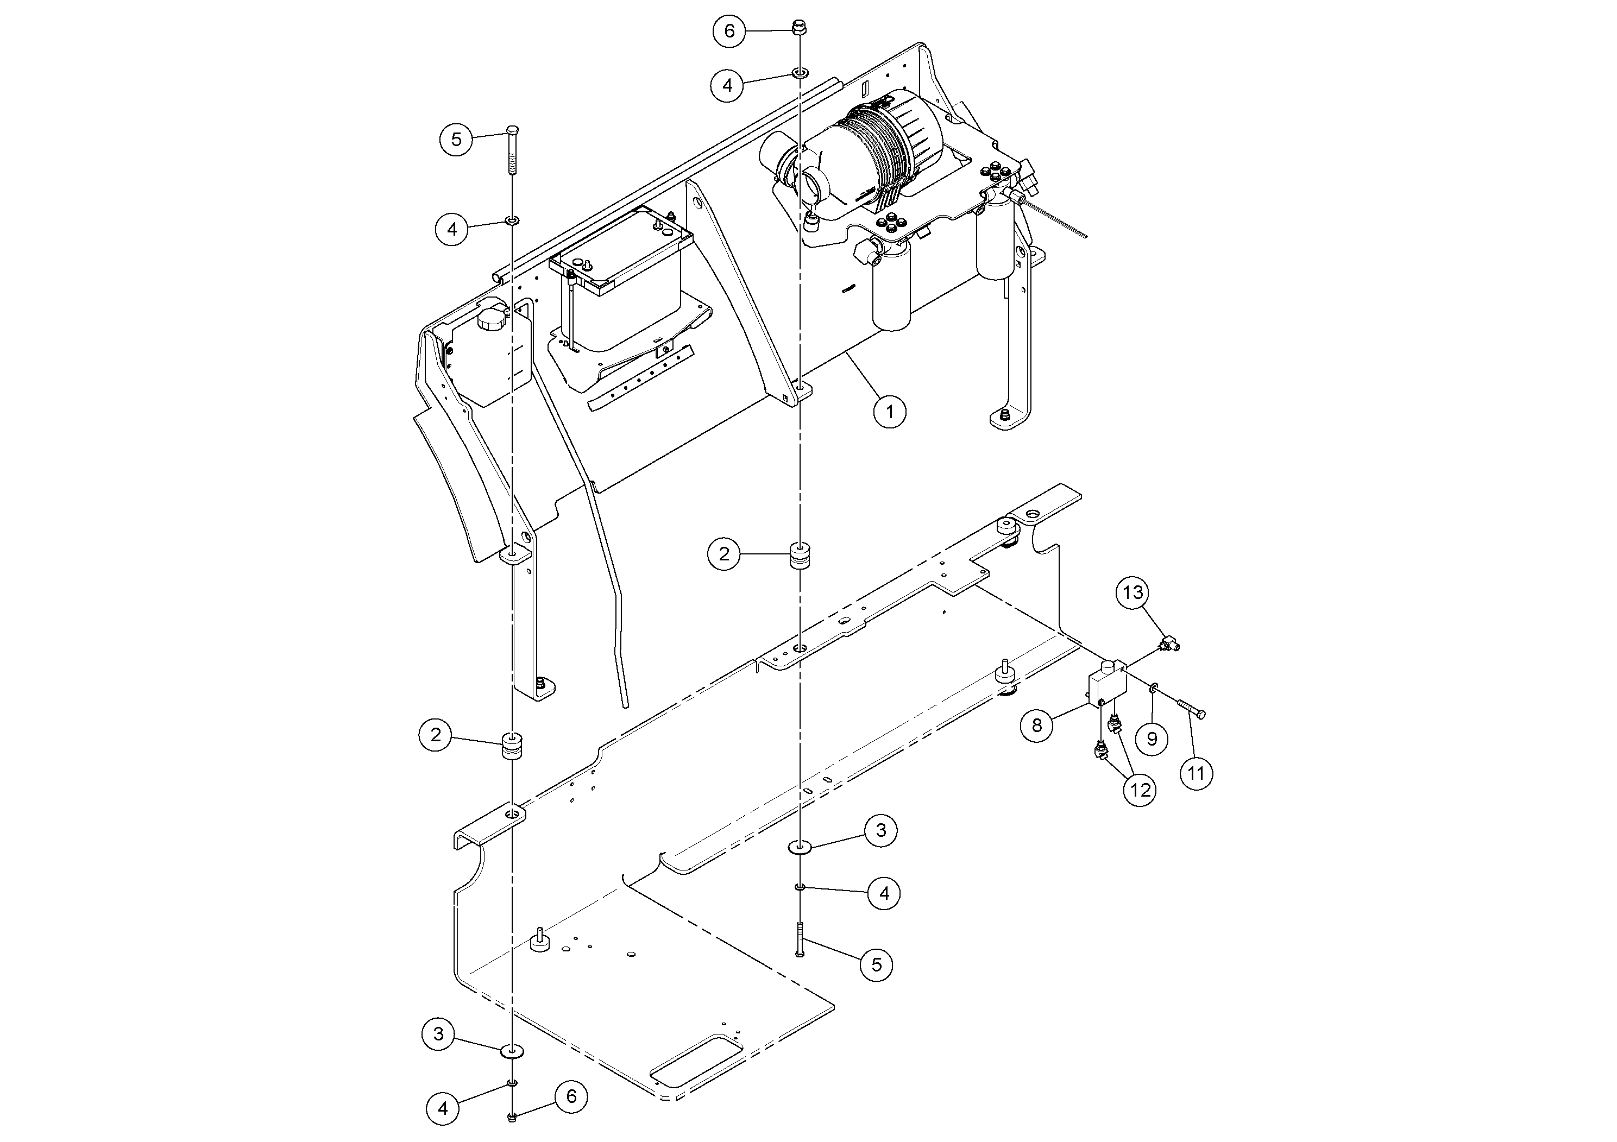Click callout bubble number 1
coord(890,411)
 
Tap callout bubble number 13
coord(1132,593)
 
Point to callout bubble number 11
coord(1197,774)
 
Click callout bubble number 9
coord(1152,739)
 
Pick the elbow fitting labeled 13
coord(1171,641)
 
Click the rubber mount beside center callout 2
coord(798,554)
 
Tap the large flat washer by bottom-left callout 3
coord(512,1052)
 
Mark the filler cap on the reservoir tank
coord(492,320)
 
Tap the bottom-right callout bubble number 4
coord(884,893)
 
